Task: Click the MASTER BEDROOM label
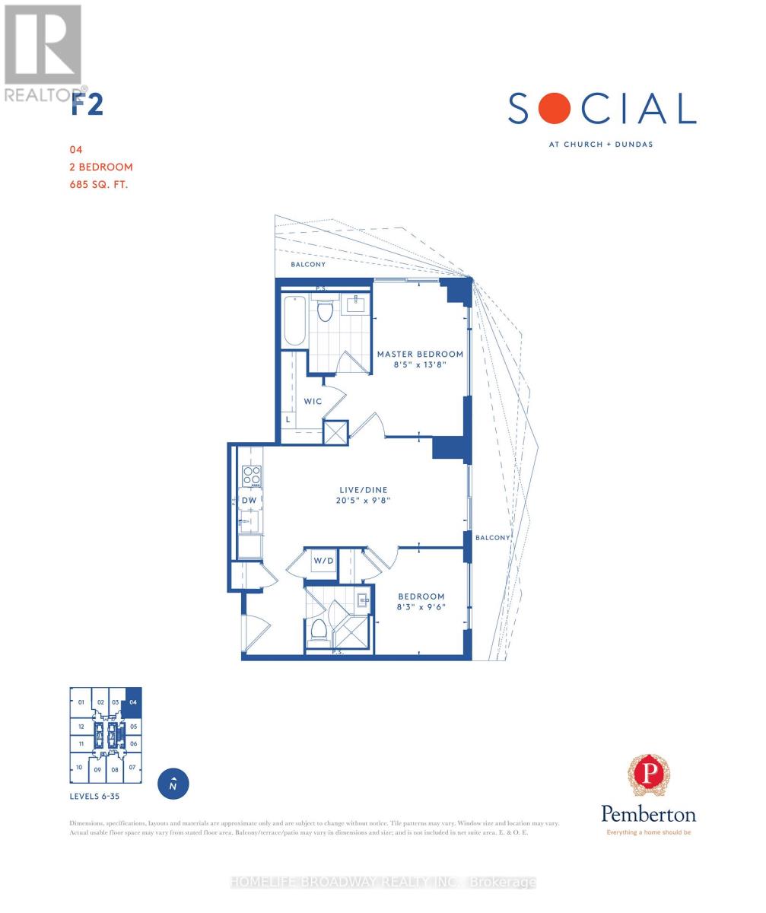click(x=420, y=354)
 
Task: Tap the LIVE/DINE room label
click(x=365, y=490)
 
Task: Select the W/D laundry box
click(x=323, y=561)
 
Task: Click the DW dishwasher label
click(x=249, y=500)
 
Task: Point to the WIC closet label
click(x=313, y=401)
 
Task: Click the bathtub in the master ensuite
click(x=294, y=320)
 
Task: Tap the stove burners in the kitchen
click(x=252, y=476)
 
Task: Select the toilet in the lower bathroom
click(x=319, y=628)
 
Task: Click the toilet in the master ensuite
click(x=326, y=310)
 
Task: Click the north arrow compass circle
click(x=173, y=784)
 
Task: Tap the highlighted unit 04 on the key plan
click(x=132, y=702)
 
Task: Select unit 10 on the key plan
click(x=79, y=768)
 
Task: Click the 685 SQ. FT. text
click(x=98, y=183)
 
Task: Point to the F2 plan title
click(x=87, y=104)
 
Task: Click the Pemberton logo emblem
click(x=648, y=775)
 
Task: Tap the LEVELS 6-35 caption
click(x=94, y=797)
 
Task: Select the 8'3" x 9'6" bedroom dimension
click(x=421, y=607)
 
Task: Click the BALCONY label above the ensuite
click(x=308, y=265)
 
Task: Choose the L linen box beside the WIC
click(x=288, y=419)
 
